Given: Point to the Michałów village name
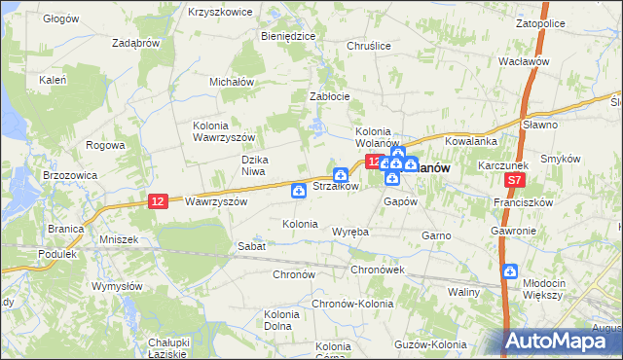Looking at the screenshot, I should coord(232,82).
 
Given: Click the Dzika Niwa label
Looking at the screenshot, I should coord(254,165).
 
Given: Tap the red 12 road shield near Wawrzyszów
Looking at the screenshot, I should coord(158,200).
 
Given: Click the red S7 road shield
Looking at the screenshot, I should coord(516,181).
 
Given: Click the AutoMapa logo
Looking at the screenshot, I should coord(563,341).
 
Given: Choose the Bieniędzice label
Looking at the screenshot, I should coord(287,35).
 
